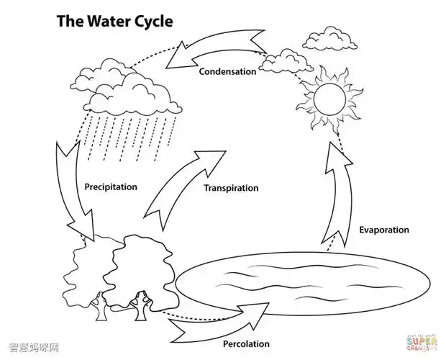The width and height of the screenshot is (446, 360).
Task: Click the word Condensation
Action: pos(227,71)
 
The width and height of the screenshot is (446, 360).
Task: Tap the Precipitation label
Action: pos(111,186)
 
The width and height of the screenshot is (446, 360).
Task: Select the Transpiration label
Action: pos(231,188)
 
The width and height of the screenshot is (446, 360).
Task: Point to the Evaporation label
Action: pos(384,230)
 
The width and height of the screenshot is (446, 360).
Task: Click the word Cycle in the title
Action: pos(148,21)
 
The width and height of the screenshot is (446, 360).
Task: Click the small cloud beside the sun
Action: pos(283,60)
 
